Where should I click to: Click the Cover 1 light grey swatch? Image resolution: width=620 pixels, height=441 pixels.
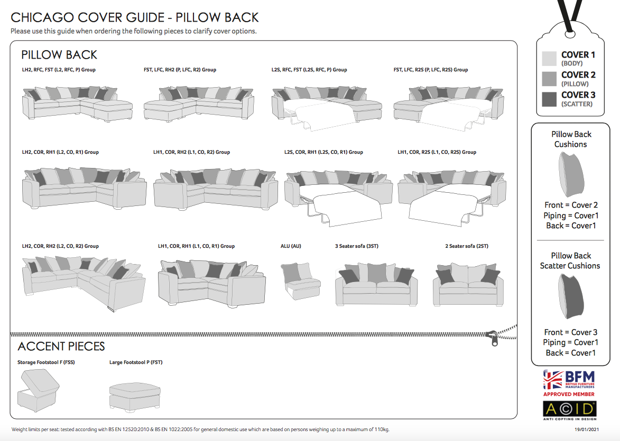(x=550, y=58)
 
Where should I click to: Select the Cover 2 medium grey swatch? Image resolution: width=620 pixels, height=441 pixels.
(x=550, y=79)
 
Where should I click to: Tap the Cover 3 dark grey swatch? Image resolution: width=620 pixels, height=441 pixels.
(x=550, y=99)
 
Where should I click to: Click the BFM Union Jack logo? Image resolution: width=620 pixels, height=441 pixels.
(x=553, y=380)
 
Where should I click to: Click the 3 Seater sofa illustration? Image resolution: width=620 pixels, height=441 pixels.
(x=376, y=284)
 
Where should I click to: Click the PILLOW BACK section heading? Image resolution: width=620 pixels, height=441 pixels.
(x=59, y=55)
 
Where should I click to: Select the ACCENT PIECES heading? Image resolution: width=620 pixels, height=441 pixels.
(x=61, y=346)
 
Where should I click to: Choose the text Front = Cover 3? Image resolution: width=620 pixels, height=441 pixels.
(x=571, y=332)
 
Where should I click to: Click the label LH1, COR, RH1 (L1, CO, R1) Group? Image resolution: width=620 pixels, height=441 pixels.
(x=196, y=246)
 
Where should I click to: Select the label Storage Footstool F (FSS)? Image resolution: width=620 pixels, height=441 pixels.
(x=46, y=362)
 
